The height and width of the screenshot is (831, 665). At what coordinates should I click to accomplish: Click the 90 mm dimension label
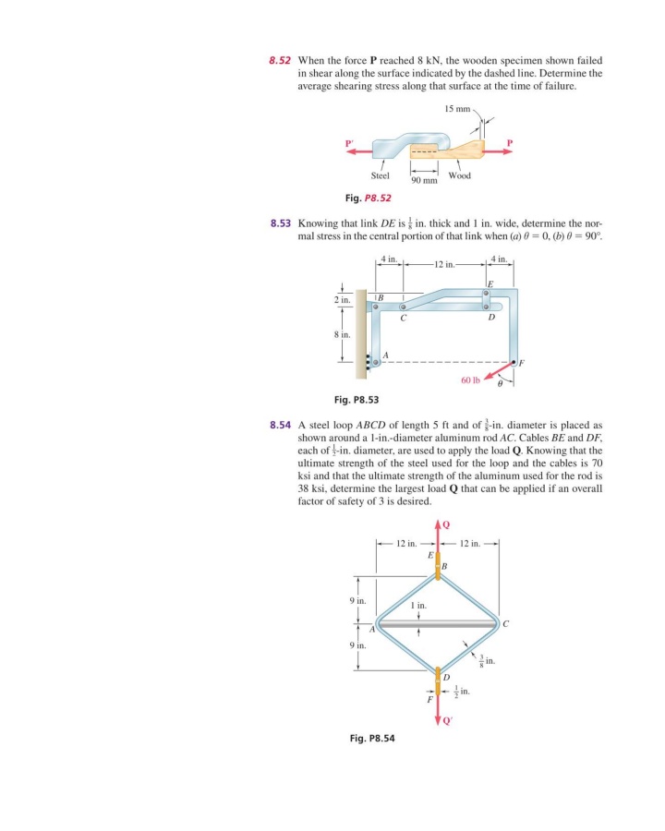point(423,179)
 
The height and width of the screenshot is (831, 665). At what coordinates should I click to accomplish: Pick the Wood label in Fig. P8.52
point(460,175)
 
